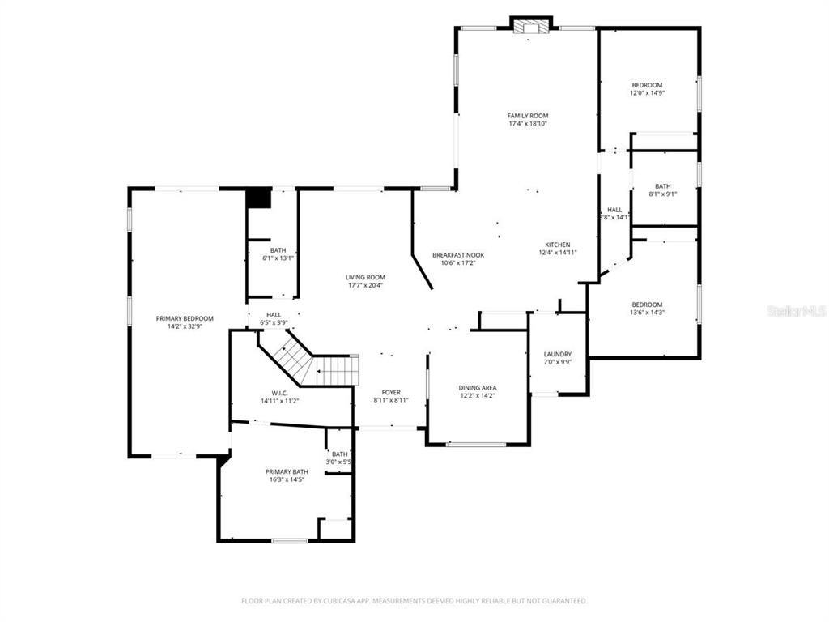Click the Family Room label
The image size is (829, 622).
[x=528, y=116]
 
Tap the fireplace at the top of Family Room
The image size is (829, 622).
[x=531, y=27]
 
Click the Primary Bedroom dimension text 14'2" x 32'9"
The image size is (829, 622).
[x=185, y=326]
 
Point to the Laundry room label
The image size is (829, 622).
[x=558, y=354]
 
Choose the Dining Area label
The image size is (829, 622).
[x=478, y=388]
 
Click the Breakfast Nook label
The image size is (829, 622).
[x=458, y=254]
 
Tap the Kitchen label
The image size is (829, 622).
[x=557, y=245]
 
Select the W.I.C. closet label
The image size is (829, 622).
[x=280, y=392]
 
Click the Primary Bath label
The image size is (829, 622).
[x=287, y=471]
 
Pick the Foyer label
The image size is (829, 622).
[x=391, y=392]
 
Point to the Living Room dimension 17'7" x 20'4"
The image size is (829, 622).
[x=366, y=285]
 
